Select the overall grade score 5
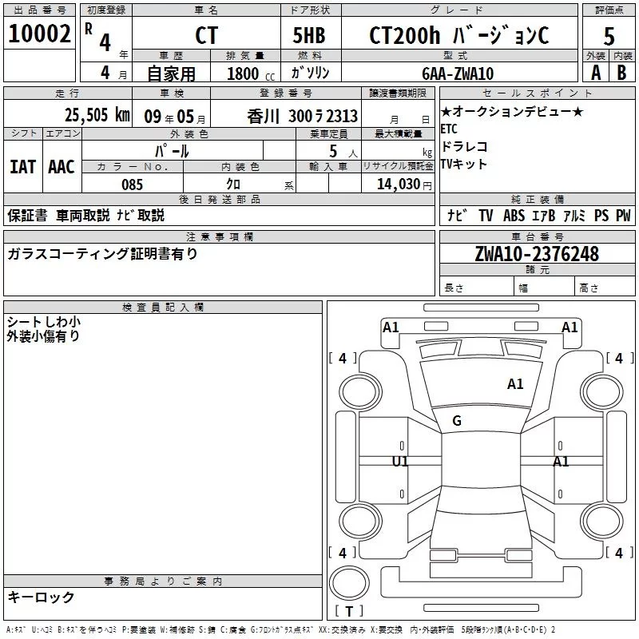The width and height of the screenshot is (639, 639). [x=609, y=35]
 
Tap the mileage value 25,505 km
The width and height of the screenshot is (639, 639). [x=97, y=115]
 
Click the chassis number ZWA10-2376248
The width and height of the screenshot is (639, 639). [x=537, y=254]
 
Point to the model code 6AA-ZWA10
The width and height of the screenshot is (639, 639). [x=458, y=73]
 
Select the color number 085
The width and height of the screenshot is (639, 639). [x=132, y=185]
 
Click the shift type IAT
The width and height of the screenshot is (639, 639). [x=22, y=166]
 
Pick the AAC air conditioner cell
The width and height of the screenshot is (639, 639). [x=62, y=166]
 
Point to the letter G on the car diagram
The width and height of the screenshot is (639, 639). [x=457, y=421]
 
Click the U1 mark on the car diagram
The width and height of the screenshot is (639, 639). [x=400, y=462]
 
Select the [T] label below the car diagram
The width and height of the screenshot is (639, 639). [x=348, y=612]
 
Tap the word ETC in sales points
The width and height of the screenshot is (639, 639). [x=449, y=128]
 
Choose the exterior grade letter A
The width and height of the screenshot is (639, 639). [x=595, y=73]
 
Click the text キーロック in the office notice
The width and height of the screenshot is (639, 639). [x=41, y=597]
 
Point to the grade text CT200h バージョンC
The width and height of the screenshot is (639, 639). [x=459, y=35]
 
